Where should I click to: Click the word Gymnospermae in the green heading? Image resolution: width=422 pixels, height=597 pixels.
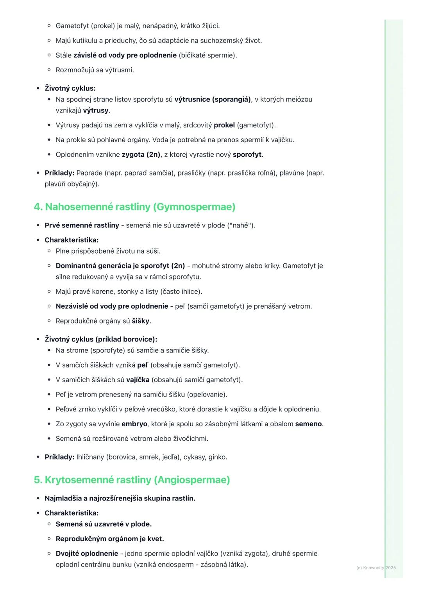(x=194, y=207)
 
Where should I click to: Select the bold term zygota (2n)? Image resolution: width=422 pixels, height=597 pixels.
(x=141, y=155)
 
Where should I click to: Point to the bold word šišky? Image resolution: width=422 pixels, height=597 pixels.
(x=141, y=321)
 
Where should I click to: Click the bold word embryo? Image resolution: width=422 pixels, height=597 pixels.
(x=134, y=424)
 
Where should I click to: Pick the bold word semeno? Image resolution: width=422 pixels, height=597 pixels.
(x=309, y=424)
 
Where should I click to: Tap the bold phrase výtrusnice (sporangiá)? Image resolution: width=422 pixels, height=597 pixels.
(x=213, y=100)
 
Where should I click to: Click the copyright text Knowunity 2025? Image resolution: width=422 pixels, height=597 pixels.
(x=376, y=568)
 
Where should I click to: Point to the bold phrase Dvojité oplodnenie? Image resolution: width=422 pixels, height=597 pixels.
(x=87, y=554)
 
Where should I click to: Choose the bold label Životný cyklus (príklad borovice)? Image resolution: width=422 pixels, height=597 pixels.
(x=101, y=340)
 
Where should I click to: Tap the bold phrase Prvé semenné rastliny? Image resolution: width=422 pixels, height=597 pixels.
(x=82, y=225)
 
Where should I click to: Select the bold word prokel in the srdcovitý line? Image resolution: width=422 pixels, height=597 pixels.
(x=224, y=125)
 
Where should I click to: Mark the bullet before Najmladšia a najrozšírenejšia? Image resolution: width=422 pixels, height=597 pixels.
(x=38, y=499)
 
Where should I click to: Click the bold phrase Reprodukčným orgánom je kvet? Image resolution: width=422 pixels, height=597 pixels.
(x=110, y=539)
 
